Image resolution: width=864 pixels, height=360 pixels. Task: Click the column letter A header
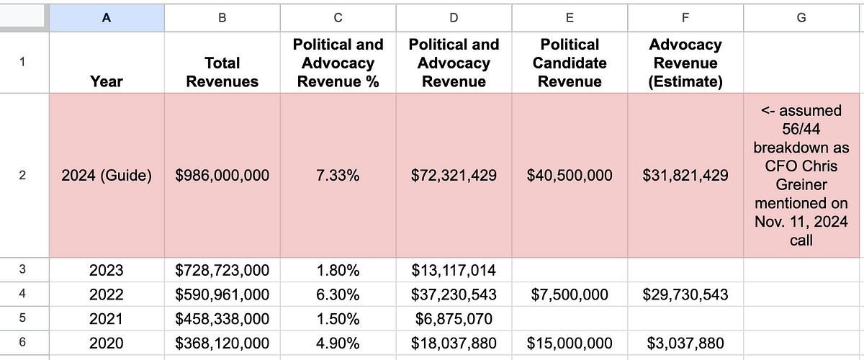107,18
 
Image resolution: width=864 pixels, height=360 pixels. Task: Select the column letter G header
801,18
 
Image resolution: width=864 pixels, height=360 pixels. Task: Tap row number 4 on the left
22,294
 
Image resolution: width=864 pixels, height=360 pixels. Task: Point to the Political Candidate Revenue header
570,63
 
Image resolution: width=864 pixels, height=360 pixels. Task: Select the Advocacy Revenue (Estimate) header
685,63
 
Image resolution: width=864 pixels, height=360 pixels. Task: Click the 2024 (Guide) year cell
107,175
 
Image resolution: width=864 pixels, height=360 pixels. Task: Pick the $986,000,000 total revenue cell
222,175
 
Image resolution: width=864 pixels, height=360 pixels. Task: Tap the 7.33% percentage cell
338,175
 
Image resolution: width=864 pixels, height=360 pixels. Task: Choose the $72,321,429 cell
454,175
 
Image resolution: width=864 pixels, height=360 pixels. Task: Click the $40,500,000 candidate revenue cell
570,175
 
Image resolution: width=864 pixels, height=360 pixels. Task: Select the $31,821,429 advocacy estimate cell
685,175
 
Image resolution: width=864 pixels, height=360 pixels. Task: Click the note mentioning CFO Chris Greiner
801,175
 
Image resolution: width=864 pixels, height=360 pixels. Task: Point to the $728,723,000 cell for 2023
222,270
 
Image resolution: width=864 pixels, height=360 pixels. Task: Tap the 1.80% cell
338,270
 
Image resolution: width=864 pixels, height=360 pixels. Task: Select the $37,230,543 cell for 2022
454,294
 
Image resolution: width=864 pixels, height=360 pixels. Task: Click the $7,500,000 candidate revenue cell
570,294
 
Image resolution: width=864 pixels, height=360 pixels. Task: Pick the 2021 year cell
107,319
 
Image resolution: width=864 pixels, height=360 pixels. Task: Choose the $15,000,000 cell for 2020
570,343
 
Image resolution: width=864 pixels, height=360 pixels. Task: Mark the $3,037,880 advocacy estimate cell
685,343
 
